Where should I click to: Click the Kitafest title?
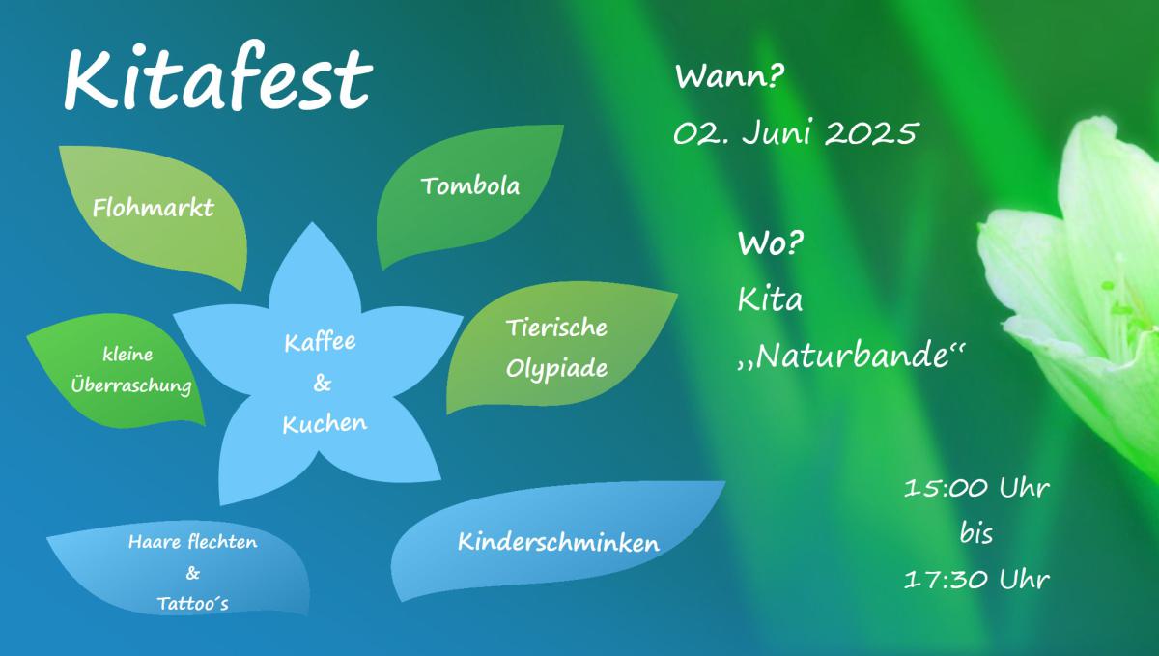(x=218, y=76)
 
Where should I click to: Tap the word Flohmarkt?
(x=154, y=208)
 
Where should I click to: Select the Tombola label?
(x=470, y=186)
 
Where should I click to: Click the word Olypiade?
(x=556, y=370)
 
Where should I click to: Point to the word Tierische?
(x=556, y=328)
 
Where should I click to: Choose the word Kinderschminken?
(x=559, y=543)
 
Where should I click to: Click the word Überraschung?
(x=131, y=385)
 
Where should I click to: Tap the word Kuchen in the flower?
(x=325, y=424)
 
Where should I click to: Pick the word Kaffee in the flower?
(x=321, y=342)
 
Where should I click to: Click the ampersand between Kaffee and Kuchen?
(x=323, y=384)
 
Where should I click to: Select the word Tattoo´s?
(x=193, y=604)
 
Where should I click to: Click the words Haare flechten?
(x=193, y=542)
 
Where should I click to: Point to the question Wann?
(x=729, y=77)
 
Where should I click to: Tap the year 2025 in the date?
(x=872, y=132)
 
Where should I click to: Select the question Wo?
(x=771, y=242)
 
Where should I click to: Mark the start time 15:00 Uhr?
(x=976, y=488)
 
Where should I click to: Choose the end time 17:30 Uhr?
(x=976, y=580)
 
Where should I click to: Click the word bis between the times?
(x=976, y=533)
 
